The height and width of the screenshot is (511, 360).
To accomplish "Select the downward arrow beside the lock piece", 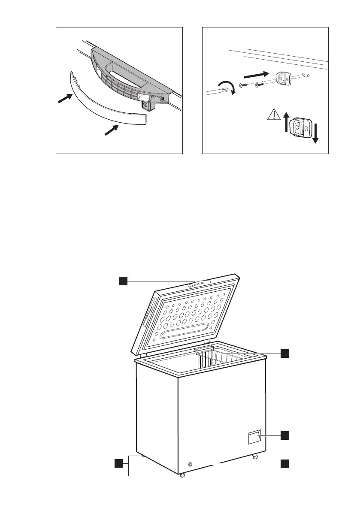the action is [315, 134].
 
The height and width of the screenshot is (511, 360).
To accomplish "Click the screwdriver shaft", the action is [215, 91].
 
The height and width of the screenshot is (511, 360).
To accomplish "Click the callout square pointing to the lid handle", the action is [124, 281].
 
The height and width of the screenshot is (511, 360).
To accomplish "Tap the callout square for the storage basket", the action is [285, 353].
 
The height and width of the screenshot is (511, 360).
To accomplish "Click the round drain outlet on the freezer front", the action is [190, 464].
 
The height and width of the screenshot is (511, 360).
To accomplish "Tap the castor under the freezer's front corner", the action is [182, 475].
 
